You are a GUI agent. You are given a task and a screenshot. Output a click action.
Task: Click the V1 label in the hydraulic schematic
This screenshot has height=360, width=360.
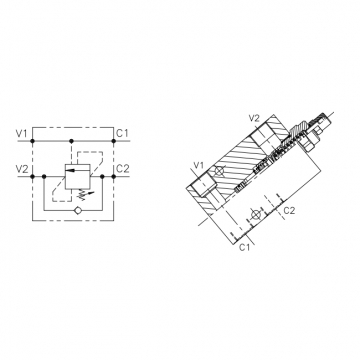[21, 134]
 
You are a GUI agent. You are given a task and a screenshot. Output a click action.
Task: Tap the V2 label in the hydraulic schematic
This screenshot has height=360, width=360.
[22, 169]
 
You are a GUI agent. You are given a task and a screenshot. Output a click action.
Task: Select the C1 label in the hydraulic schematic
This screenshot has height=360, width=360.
[122, 134]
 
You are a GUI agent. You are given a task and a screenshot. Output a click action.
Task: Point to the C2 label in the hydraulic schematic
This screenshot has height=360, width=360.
[122, 169]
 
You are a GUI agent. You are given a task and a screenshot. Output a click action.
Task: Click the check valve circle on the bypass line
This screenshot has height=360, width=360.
[77, 210]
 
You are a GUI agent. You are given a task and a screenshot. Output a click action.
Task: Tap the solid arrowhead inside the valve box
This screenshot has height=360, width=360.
[69, 170]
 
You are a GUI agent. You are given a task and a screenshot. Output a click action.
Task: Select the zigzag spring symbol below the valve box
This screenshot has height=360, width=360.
[80, 194]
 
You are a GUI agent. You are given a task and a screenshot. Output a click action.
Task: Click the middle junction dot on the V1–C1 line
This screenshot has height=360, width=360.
[71, 141]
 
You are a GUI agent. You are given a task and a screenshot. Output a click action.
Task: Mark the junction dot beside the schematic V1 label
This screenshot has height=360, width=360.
[32, 141]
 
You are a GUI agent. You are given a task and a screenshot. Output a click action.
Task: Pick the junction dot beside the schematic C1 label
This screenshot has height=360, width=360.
[114, 141]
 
